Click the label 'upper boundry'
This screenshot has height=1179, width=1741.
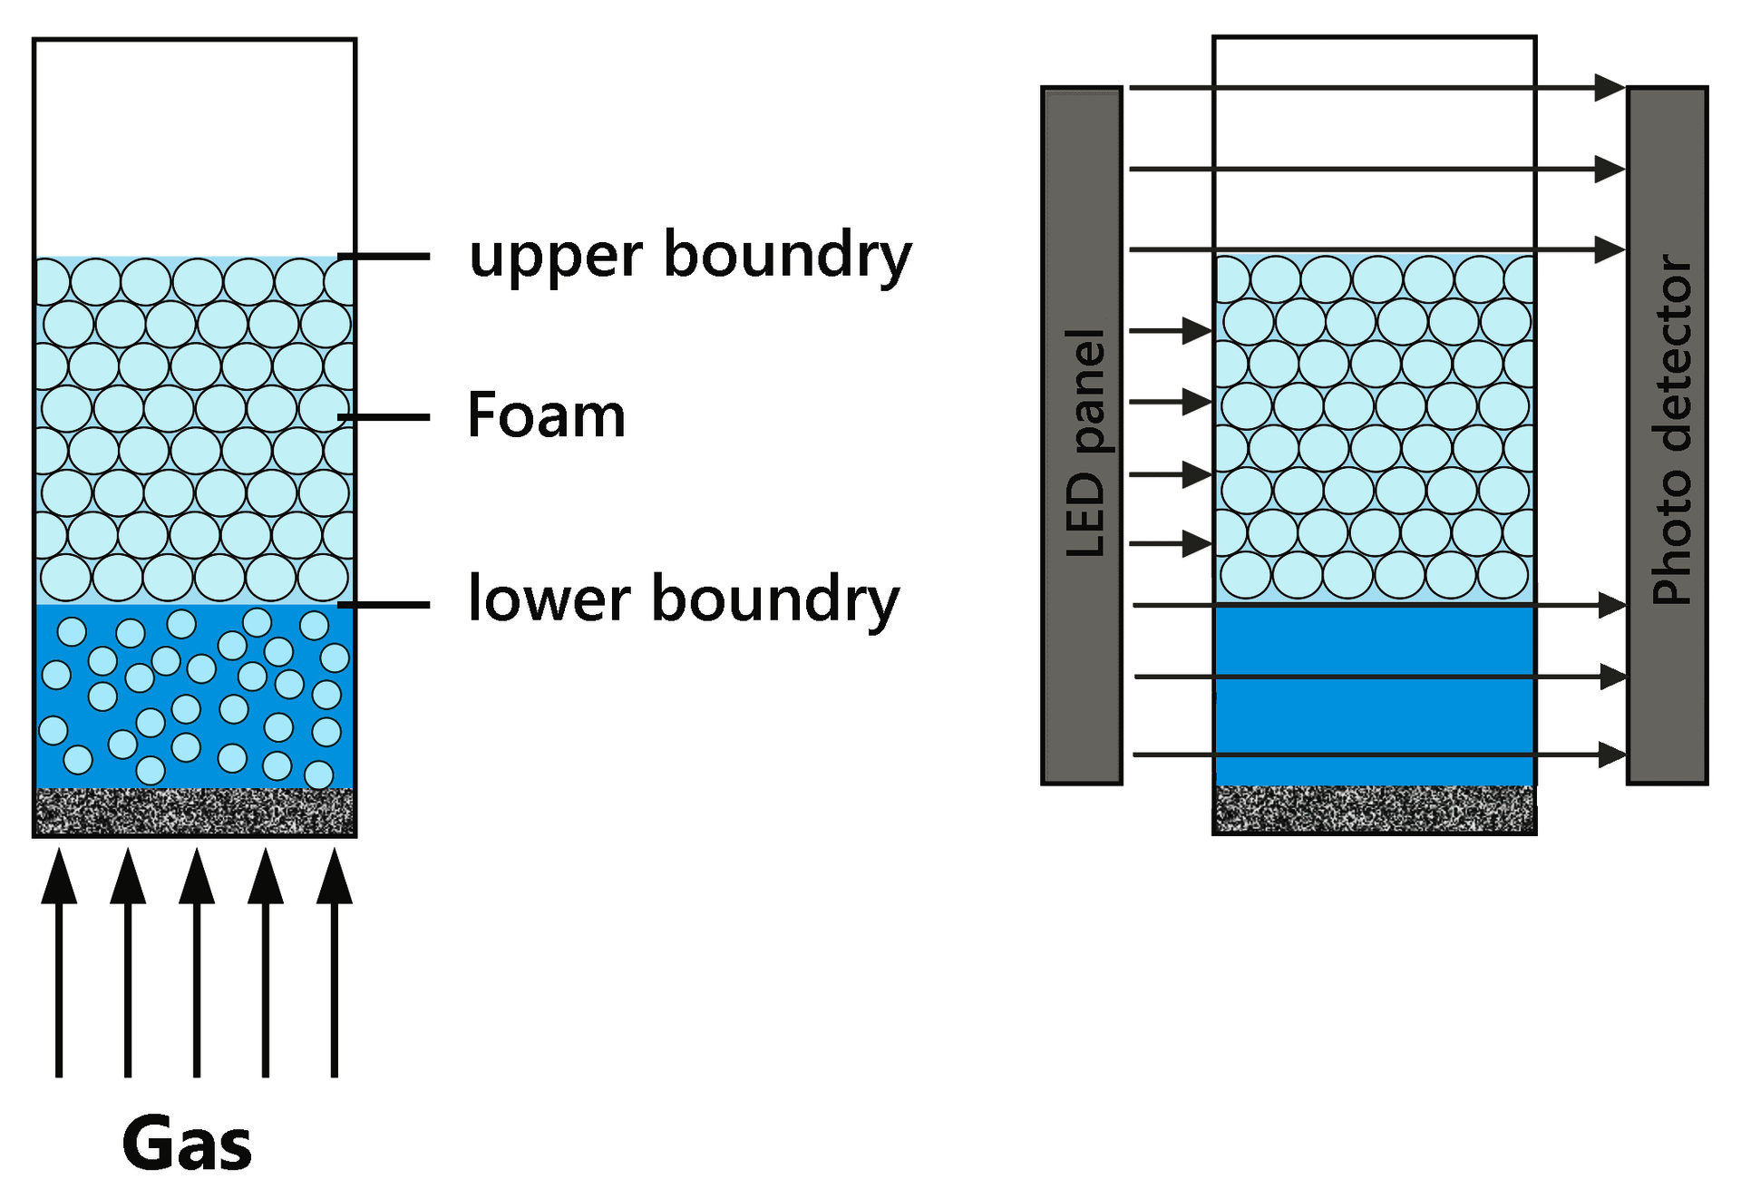tap(689, 256)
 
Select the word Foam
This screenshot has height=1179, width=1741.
tap(546, 416)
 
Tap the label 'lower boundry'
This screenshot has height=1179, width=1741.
tap(683, 600)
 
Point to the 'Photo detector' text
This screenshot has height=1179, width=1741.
tap(1671, 430)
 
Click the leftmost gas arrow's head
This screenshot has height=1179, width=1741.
tap(59, 878)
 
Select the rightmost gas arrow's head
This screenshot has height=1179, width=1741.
tap(335, 878)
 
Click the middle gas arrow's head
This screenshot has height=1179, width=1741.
tap(197, 878)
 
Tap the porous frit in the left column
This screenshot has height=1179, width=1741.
tap(194, 811)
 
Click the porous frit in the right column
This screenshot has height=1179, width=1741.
tap(1374, 808)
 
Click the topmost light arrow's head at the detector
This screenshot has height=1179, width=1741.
tap(1609, 87)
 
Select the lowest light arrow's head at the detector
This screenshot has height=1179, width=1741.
tap(1610, 754)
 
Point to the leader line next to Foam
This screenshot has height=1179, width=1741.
tap(384, 417)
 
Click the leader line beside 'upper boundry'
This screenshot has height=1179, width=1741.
tap(384, 257)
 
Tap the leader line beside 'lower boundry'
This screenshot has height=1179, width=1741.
tap(384, 604)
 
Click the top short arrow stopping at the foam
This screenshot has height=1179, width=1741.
tap(1197, 330)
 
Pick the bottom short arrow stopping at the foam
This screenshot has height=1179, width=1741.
tap(1197, 544)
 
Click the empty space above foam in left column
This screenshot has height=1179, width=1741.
tap(194, 145)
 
